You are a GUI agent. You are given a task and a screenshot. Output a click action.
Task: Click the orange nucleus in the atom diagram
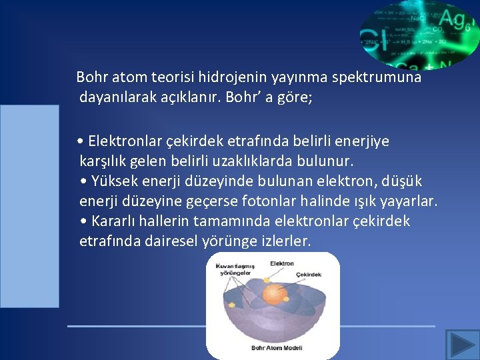[273, 293]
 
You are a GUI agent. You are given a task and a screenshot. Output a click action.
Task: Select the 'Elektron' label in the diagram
[281, 263]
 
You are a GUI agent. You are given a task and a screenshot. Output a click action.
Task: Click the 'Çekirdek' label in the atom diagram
[309, 275]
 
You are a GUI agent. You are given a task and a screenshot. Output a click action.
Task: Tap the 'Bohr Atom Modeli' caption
[277, 347]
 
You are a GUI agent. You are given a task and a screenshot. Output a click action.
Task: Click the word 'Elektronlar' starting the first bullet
[124, 141]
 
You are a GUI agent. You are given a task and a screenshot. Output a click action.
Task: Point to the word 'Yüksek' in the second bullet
[112, 181]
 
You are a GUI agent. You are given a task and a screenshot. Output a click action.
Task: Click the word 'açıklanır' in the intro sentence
[190, 97]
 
